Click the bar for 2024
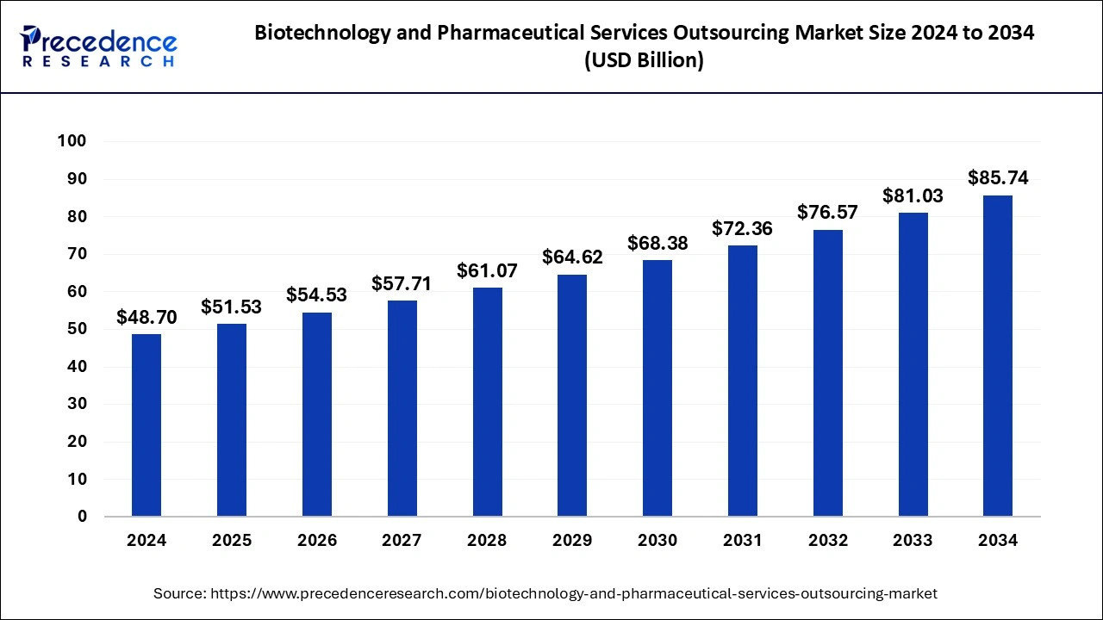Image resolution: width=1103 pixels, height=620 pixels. click(146, 425)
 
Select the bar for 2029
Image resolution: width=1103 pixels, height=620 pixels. click(572, 395)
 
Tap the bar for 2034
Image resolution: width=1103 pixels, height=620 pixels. click(998, 356)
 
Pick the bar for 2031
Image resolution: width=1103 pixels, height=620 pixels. click(743, 381)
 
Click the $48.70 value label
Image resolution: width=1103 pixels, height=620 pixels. click(146, 318)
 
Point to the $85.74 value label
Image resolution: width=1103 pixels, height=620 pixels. click(998, 178)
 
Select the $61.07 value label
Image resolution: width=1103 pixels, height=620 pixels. click(487, 271)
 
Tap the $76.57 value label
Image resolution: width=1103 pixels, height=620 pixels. click(827, 212)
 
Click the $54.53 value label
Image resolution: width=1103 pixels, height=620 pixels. click(317, 295)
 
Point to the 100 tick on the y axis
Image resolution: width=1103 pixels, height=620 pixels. click(72, 141)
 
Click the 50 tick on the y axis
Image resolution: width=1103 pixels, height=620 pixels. click(78, 329)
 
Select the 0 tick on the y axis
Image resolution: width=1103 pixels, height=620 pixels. click(82, 517)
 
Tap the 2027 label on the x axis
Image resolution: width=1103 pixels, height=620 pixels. click(402, 541)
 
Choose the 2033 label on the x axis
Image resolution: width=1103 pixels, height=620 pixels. click(913, 541)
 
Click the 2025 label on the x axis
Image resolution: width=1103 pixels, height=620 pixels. click(232, 541)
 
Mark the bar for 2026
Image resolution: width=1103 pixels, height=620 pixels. click(317, 414)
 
